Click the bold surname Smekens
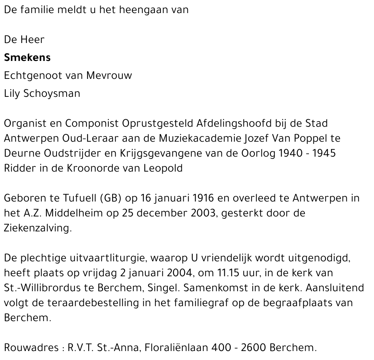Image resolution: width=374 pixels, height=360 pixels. point(27,58)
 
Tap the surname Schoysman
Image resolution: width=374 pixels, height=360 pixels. point(52,93)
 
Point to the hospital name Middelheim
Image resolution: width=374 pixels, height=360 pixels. point(83,213)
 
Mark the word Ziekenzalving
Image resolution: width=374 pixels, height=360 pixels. point(37,228)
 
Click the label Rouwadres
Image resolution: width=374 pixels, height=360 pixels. point(30,348)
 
